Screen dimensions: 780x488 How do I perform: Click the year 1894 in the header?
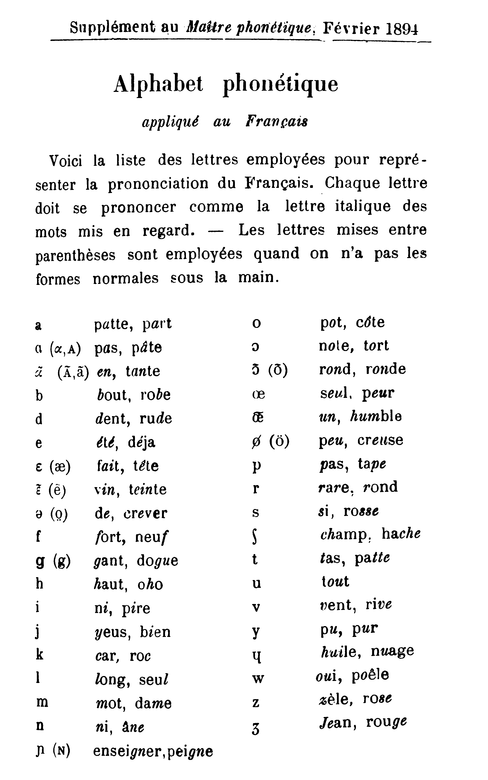[x=402, y=29]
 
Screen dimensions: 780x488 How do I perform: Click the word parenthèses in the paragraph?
[x=75, y=255]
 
